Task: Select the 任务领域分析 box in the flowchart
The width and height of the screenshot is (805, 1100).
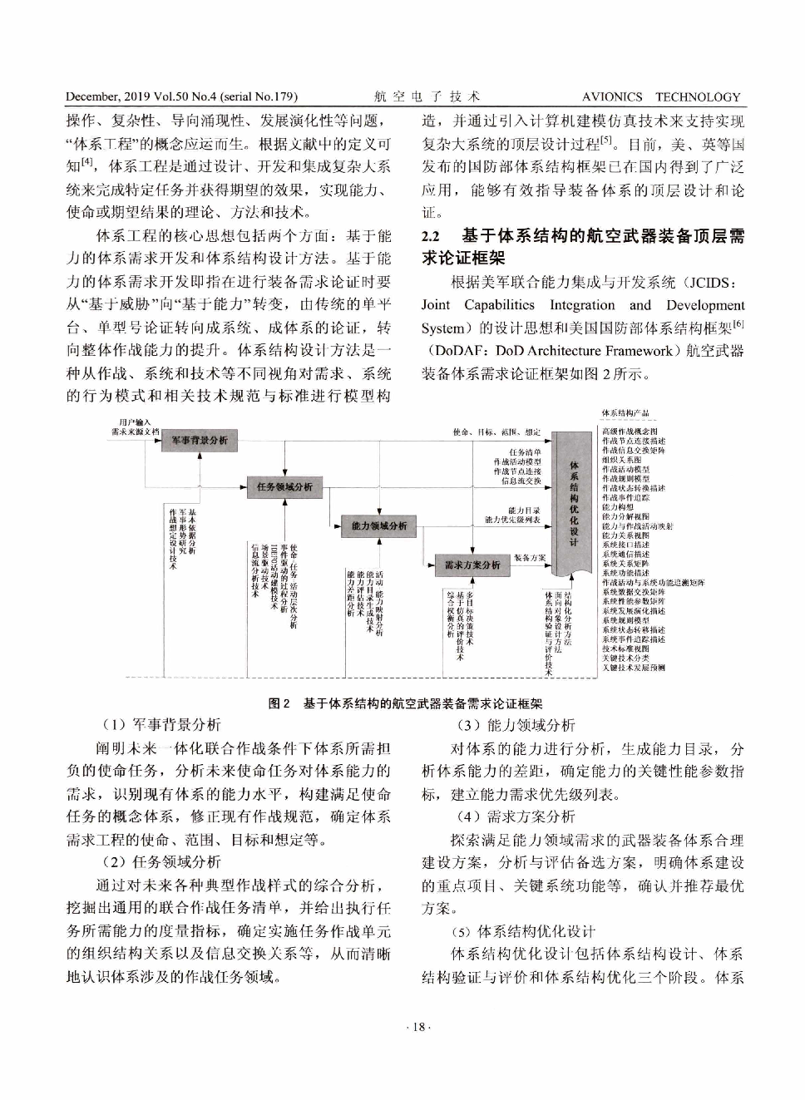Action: pos(284,486)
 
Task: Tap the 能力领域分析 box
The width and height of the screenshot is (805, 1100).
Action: pos(378,525)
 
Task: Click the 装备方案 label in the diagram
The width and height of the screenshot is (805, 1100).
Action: pos(530,558)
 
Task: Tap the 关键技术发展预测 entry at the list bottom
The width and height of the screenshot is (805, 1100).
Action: pos(633,667)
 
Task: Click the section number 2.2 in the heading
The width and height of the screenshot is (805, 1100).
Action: pos(431,236)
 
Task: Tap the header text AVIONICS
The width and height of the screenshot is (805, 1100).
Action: pos(611,96)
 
